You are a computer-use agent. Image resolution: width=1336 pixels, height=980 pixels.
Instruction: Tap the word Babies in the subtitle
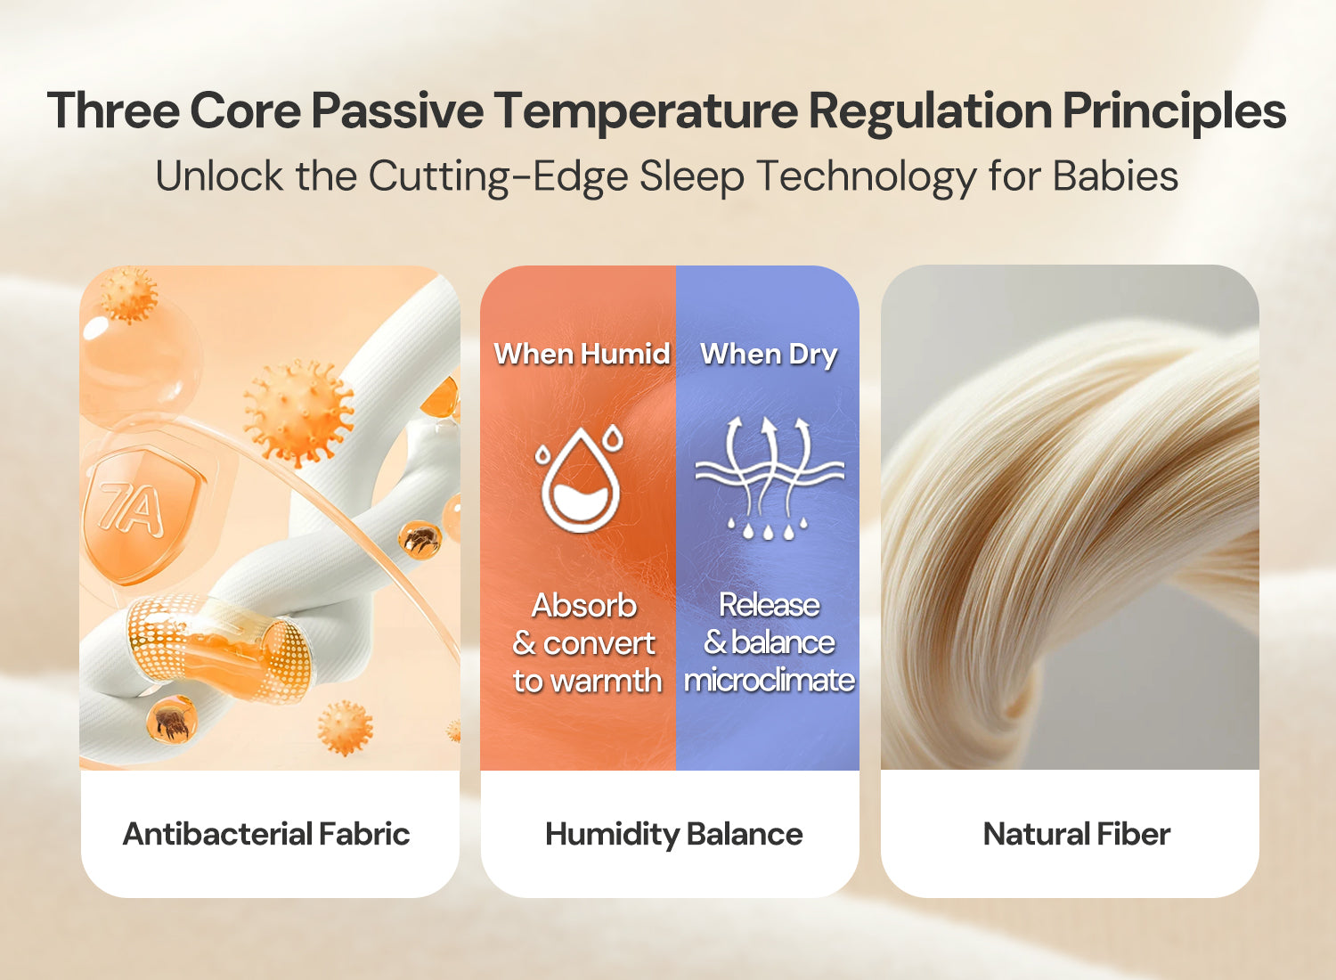(x=1115, y=176)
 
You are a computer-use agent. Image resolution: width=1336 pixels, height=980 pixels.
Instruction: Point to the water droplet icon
(x=579, y=478)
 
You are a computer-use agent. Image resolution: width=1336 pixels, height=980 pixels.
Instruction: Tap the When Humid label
(x=582, y=354)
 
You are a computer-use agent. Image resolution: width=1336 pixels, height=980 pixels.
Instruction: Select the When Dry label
(x=769, y=355)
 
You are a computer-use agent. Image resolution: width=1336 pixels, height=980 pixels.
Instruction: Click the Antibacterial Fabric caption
(x=266, y=834)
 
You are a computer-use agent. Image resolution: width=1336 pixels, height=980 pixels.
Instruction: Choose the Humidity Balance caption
(x=674, y=835)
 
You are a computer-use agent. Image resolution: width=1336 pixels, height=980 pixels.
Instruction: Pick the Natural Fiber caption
(x=1077, y=834)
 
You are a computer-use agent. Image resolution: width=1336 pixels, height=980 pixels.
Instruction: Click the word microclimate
(x=770, y=680)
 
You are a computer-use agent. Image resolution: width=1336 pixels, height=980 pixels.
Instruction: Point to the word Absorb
(x=584, y=606)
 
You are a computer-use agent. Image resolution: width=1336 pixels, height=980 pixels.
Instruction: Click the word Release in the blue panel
(x=769, y=605)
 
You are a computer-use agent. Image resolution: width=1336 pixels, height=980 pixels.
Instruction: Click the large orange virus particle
(x=298, y=412)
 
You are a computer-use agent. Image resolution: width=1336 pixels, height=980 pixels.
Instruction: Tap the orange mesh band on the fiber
(x=218, y=647)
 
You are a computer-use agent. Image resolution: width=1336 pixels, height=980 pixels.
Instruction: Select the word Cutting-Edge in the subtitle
(x=498, y=177)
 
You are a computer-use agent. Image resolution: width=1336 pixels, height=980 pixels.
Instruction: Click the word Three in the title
(x=113, y=111)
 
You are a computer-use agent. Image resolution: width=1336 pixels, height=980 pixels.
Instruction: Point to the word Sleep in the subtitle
(x=692, y=177)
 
